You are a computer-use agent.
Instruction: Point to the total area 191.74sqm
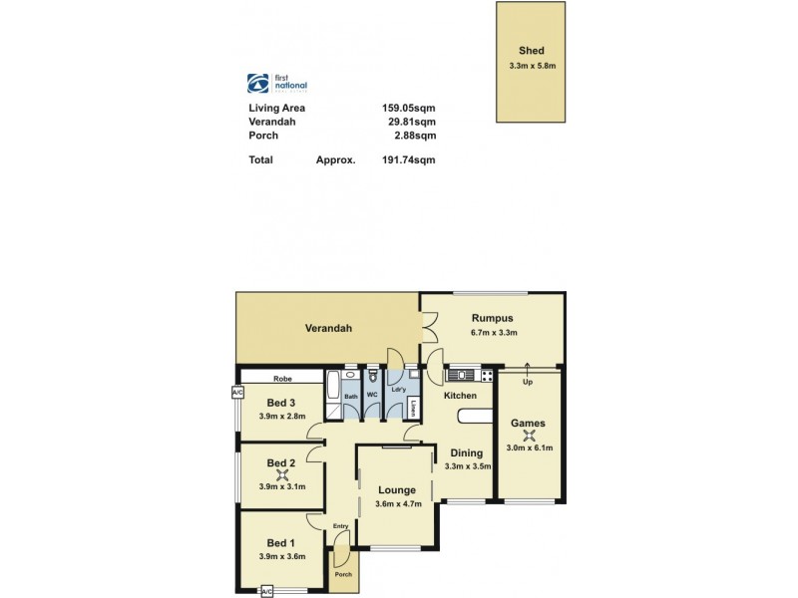click(x=408, y=159)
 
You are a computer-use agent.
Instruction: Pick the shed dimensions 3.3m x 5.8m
click(x=531, y=67)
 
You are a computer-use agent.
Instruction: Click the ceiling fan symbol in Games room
click(x=529, y=435)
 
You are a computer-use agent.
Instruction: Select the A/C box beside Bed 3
click(x=237, y=393)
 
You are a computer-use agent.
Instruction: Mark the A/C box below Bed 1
click(x=266, y=591)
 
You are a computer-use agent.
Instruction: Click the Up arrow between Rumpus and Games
click(x=528, y=373)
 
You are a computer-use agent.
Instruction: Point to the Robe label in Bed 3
click(x=282, y=379)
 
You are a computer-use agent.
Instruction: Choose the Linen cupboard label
click(x=412, y=406)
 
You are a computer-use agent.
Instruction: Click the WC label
click(x=372, y=396)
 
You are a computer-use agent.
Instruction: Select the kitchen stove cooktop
click(x=486, y=376)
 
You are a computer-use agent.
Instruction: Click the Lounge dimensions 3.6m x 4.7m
click(x=398, y=504)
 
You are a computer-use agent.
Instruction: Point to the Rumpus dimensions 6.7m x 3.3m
click(x=493, y=333)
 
